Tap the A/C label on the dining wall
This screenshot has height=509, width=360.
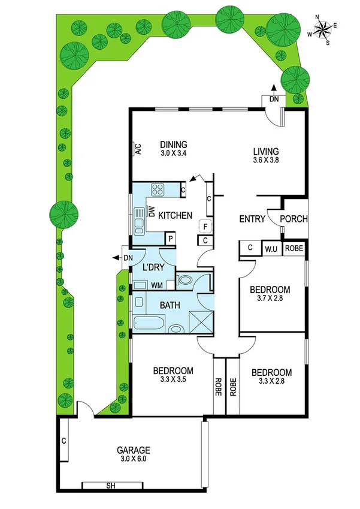click(x=137, y=149)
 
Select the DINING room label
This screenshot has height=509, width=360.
click(x=174, y=144)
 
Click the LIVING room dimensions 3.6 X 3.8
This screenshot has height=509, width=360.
click(x=267, y=160)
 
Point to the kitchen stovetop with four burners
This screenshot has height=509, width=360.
click(x=158, y=190)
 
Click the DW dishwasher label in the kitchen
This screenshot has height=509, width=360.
click(x=152, y=211)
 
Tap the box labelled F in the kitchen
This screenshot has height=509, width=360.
click(x=205, y=227)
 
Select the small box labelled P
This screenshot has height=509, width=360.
click(x=171, y=238)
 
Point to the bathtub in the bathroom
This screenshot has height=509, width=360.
click(x=149, y=323)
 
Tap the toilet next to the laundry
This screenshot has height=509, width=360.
click(x=186, y=280)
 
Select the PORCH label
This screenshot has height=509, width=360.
click(x=294, y=219)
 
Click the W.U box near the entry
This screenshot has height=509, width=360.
click(x=270, y=248)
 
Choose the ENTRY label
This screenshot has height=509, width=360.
click(x=252, y=219)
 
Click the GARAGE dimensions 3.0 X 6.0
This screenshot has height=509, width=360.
click(x=134, y=459)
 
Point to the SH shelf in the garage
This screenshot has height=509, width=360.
click(x=111, y=484)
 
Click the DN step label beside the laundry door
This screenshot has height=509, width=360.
click(x=128, y=258)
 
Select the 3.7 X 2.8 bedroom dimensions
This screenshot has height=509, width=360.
click(x=270, y=299)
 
